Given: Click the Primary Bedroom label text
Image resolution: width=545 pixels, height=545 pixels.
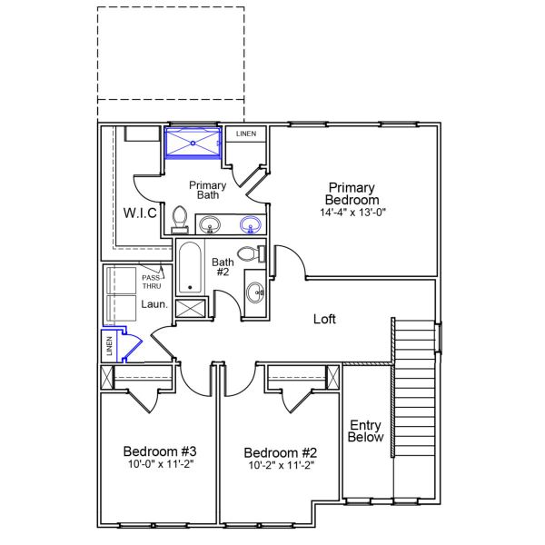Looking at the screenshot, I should pos(353,193).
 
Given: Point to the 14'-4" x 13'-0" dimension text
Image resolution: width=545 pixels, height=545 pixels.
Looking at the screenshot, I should pos(353,213).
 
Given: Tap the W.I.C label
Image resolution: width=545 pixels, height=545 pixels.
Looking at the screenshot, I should pos(141,213).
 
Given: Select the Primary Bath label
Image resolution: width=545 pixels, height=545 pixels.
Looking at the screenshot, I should pos(208,190).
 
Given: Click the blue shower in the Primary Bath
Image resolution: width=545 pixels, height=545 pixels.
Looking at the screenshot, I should pos(193,144).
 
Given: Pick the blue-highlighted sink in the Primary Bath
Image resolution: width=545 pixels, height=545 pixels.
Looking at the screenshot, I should pos(251,224).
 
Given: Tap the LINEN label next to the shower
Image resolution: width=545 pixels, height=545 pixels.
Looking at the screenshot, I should pos(245,134).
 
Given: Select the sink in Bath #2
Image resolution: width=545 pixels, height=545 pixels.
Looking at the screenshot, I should pos(255,292).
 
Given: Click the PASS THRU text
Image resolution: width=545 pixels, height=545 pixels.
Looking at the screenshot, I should pos(151,281).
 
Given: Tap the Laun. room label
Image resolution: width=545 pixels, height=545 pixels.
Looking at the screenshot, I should pos(154,305).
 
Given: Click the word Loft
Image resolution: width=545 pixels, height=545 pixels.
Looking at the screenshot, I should pos(325,320).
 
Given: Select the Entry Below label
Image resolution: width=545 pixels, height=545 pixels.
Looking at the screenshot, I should pos(367,431).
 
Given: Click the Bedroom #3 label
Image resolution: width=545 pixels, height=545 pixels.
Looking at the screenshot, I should pos(154,451).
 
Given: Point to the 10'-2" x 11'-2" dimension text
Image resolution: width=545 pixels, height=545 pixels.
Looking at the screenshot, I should pos(280,466).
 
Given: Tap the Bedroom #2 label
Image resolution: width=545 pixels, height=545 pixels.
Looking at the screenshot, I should pos(280,452).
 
